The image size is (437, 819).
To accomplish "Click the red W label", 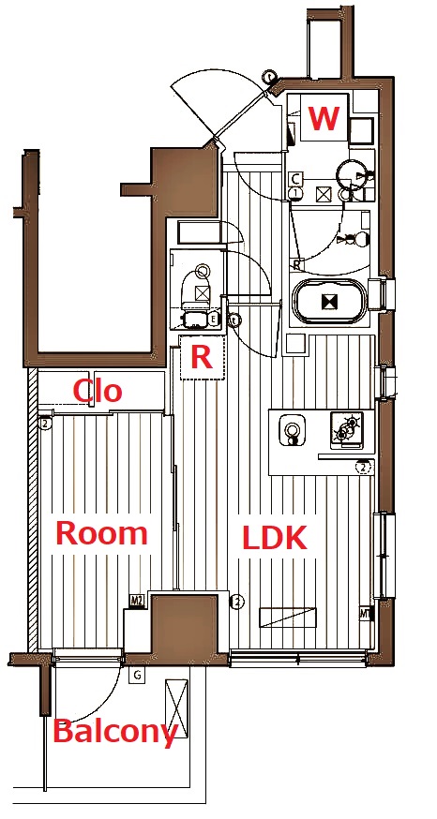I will (x=324, y=120).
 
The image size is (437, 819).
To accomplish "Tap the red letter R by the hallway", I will (x=202, y=356).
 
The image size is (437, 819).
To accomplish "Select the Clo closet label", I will (x=98, y=390).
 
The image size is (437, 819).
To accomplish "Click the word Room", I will (x=102, y=533).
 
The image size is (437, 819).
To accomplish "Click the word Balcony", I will (x=114, y=732).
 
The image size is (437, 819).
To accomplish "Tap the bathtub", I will (x=329, y=302).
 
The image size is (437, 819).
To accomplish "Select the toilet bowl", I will (x=198, y=289).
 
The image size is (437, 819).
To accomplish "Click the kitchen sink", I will (x=294, y=432).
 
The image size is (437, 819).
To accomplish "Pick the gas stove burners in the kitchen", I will (x=346, y=430).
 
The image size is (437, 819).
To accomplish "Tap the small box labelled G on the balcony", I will (x=138, y=675).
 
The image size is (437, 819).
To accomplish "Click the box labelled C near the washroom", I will (x=295, y=178).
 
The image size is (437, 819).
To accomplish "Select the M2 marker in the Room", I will (x=137, y=602).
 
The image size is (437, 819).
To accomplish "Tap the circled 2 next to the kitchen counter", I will (x=361, y=467).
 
